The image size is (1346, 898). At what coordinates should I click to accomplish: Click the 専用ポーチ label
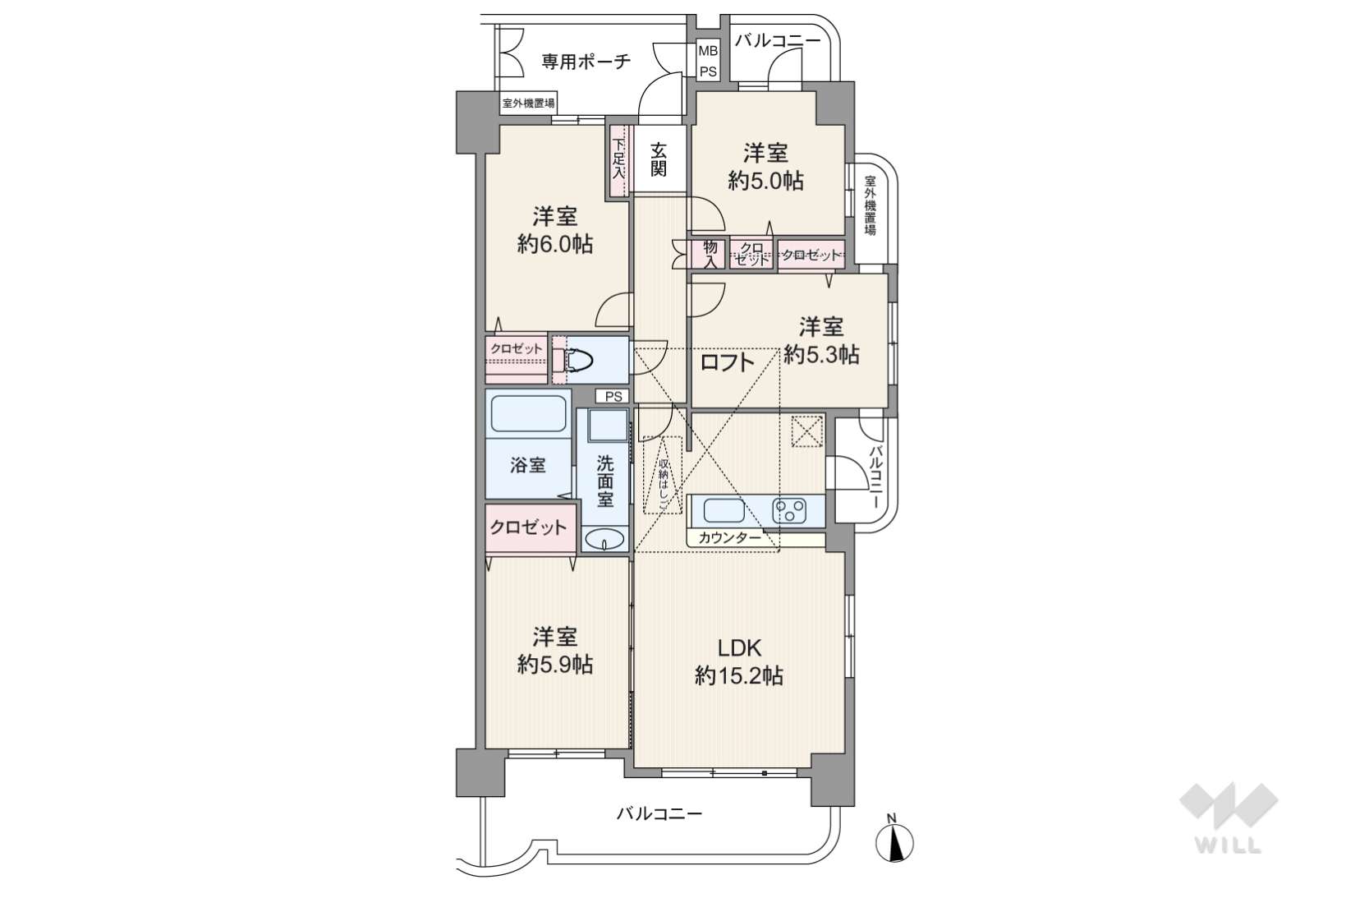pyautogui.click(x=586, y=62)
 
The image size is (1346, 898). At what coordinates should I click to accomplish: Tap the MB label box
pyautogui.click(x=708, y=50)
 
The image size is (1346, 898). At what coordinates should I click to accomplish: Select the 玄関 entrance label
pyautogui.click(x=659, y=159)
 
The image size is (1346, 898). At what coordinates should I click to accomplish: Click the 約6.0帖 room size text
pyautogui.click(x=555, y=244)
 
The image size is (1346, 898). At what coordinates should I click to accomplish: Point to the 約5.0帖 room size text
pyautogui.click(x=766, y=180)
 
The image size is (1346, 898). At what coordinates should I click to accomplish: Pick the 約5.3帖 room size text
pyautogui.click(x=821, y=355)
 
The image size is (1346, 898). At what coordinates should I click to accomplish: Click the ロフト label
pyautogui.click(x=728, y=362)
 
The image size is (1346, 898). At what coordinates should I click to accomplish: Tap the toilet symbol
pyautogui.click(x=573, y=360)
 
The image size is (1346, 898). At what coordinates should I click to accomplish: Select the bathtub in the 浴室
pyautogui.click(x=529, y=414)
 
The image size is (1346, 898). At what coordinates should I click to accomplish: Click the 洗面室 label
pyautogui.click(x=605, y=481)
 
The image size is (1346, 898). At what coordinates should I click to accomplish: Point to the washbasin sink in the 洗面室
pyautogui.click(x=604, y=539)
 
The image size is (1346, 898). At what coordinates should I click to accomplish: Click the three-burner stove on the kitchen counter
pyautogui.click(x=789, y=512)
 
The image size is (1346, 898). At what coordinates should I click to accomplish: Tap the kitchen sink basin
pyautogui.click(x=724, y=512)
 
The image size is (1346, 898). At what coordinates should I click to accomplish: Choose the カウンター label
pyautogui.click(x=730, y=538)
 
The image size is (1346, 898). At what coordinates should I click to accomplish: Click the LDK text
pyautogui.click(x=739, y=648)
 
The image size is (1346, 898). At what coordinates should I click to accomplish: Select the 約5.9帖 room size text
pyautogui.click(x=555, y=664)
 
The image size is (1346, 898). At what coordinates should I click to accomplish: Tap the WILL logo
pyautogui.click(x=1229, y=818)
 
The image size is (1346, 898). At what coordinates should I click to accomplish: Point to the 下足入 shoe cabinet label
pyautogui.click(x=619, y=160)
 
